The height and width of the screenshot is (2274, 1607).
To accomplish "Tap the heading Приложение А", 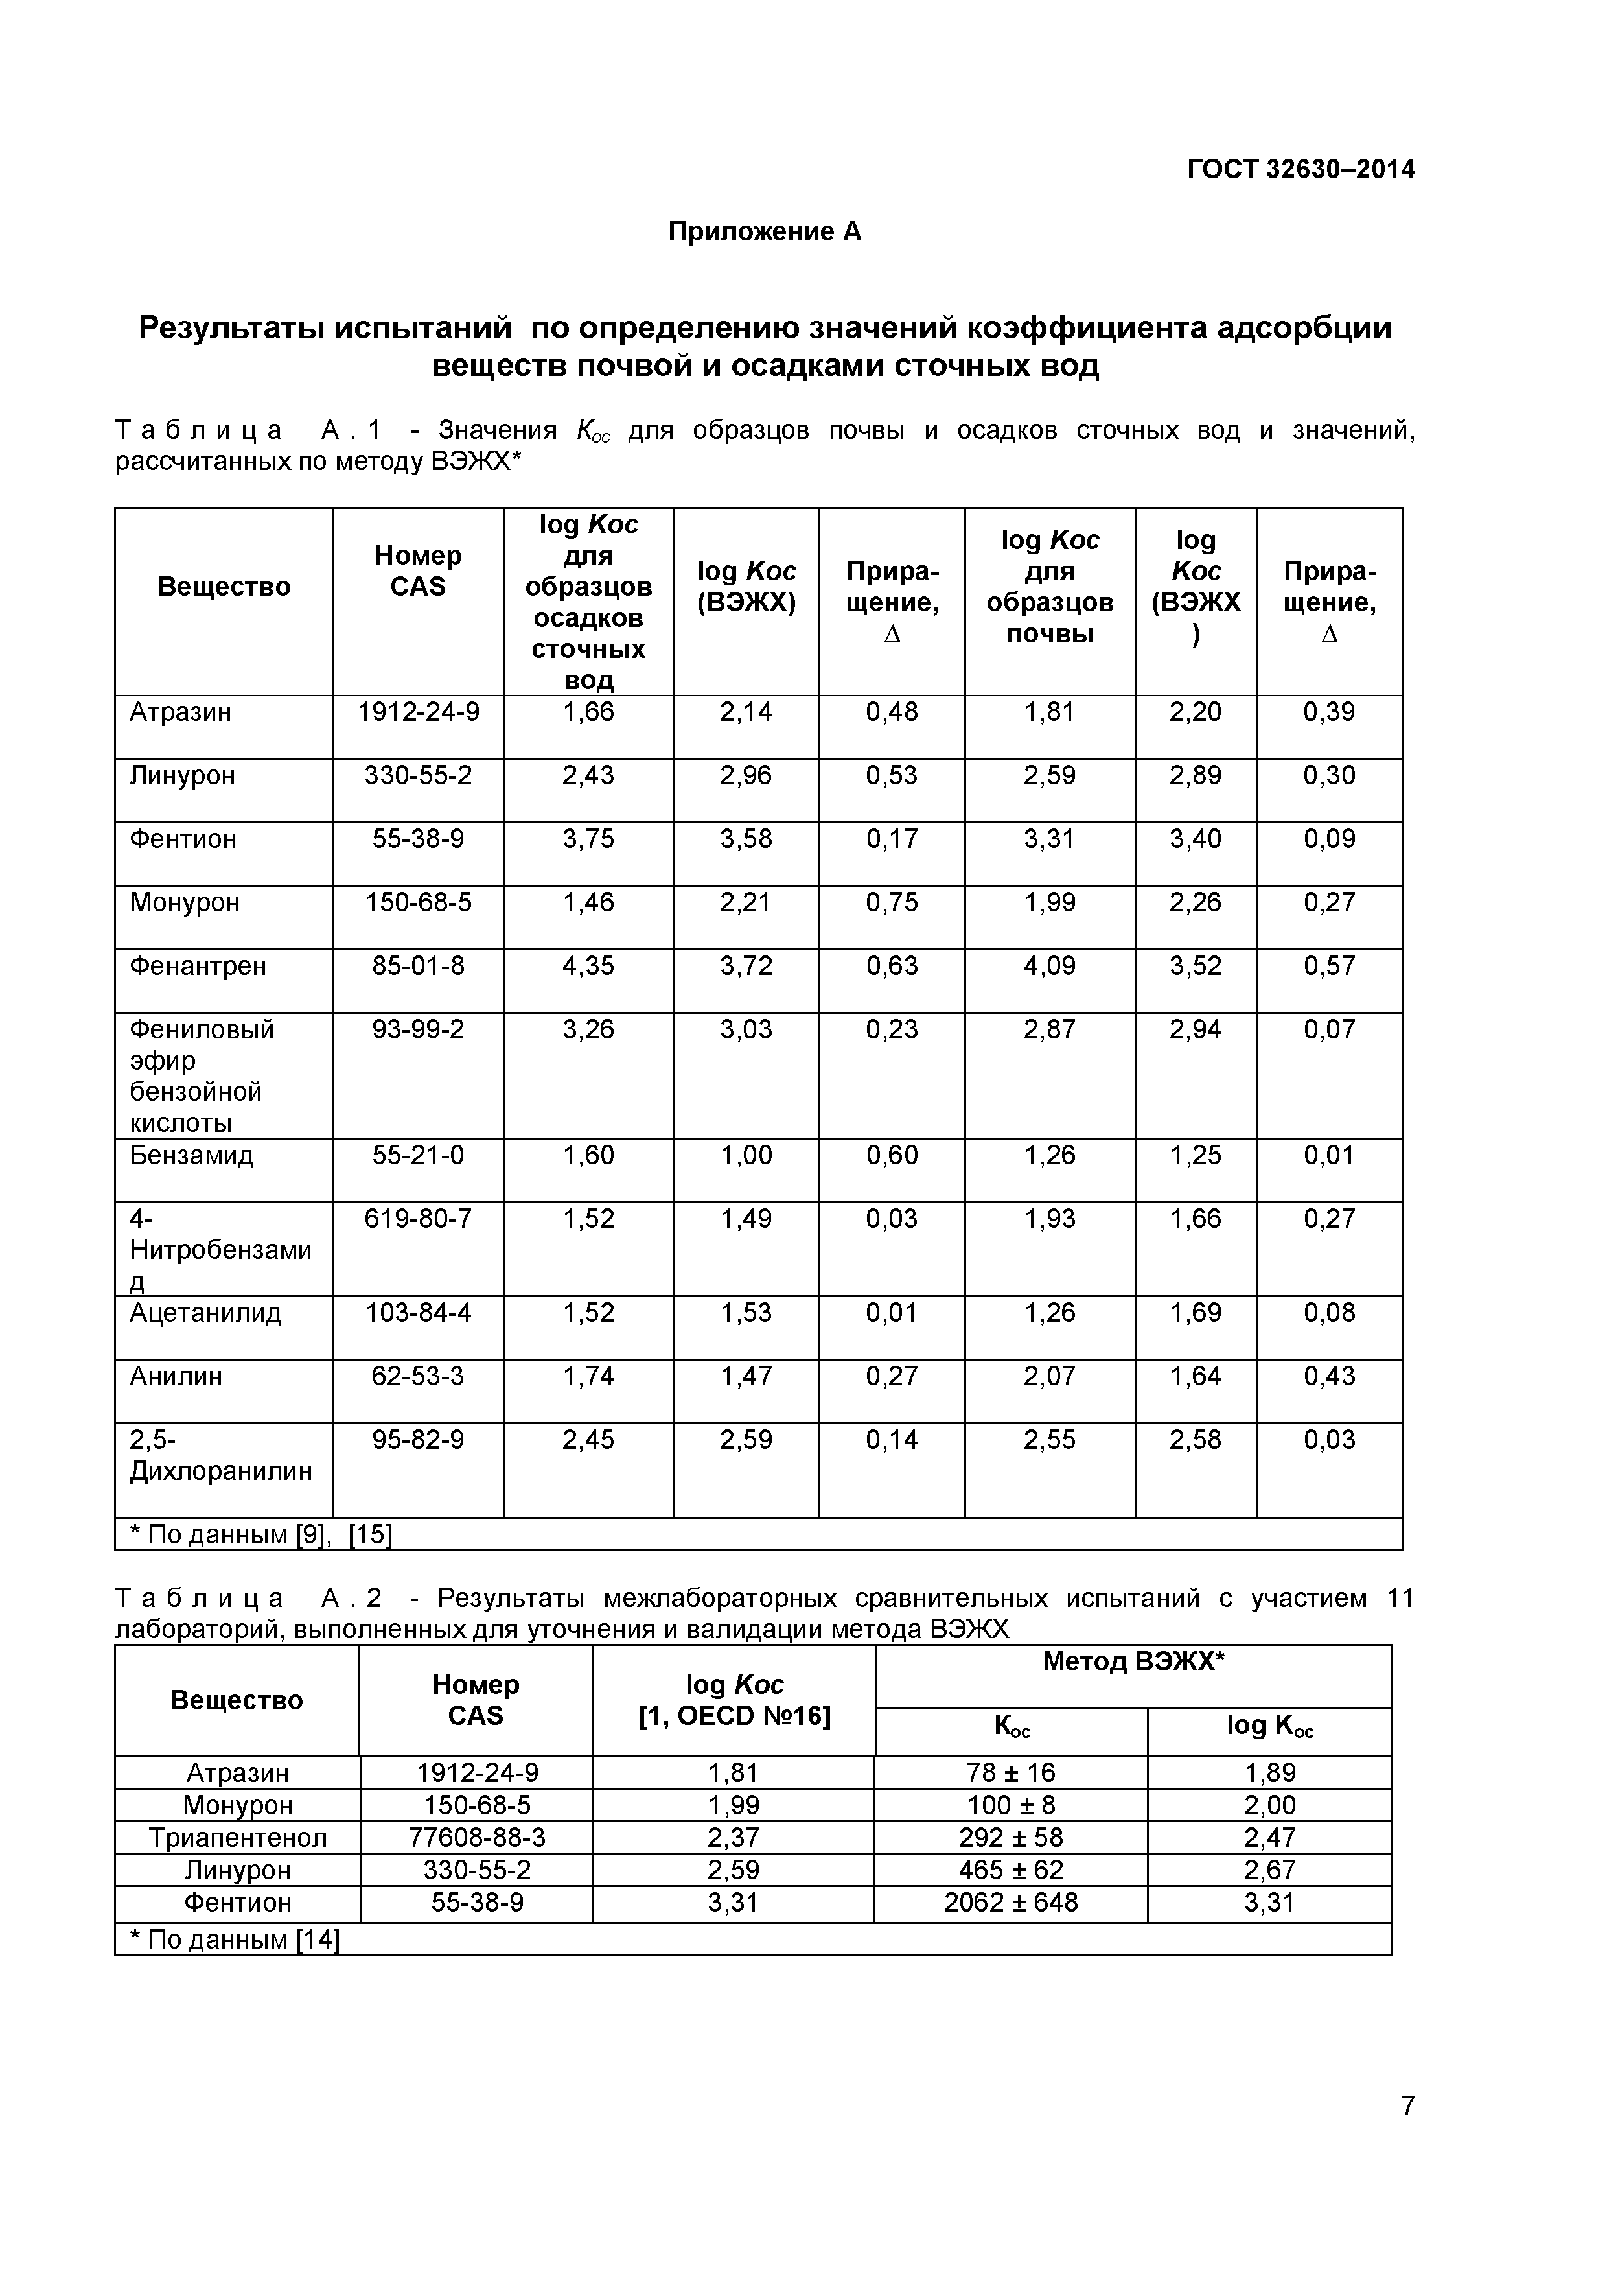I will click(x=765, y=232).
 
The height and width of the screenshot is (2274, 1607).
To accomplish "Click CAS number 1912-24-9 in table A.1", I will click(x=418, y=712).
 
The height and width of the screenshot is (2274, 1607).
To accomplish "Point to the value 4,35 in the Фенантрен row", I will click(x=588, y=966).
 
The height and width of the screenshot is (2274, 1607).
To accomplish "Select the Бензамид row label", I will click(x=191, y=1155).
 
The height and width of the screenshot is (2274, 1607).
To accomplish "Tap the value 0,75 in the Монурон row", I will click(x=891, y=902).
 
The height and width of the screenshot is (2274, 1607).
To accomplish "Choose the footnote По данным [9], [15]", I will click(x=261, y=1534).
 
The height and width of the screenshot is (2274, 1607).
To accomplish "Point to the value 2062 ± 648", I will click(x=1010, y=1902).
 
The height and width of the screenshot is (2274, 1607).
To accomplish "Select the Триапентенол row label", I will click(x=238, y=1837).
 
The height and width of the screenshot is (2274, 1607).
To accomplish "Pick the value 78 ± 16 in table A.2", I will click(x=1010, y=1772).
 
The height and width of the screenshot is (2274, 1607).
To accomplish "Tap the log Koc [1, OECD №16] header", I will click(x=734, y=1700).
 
